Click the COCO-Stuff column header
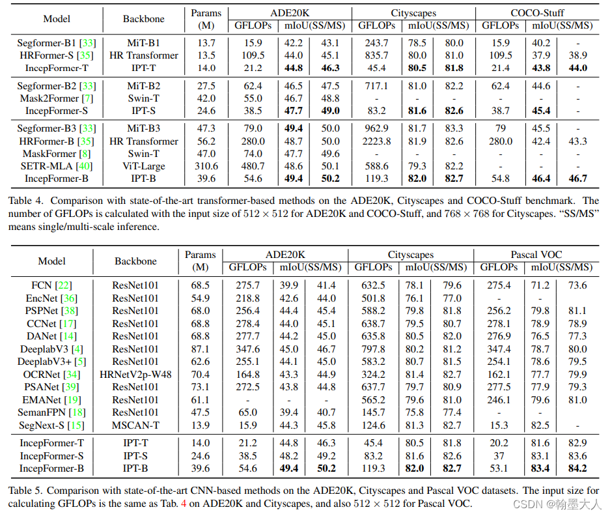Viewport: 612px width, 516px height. [x=537, y=12]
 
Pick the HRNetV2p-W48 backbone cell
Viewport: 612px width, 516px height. [x=136, y=374]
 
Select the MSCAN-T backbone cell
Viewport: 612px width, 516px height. [x=136, y=425]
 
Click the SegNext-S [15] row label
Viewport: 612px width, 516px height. [x=51, y=425]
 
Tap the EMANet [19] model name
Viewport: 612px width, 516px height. [x=51, y=399]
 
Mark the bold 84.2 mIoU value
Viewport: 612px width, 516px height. [x=577, y=468]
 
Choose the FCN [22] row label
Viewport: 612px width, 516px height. [x=51, y=285]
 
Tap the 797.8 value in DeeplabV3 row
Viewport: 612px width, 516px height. [x=372, y=349]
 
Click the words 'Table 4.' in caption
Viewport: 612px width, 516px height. [x=25, y=201]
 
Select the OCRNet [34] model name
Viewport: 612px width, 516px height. [x=51, y=374]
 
